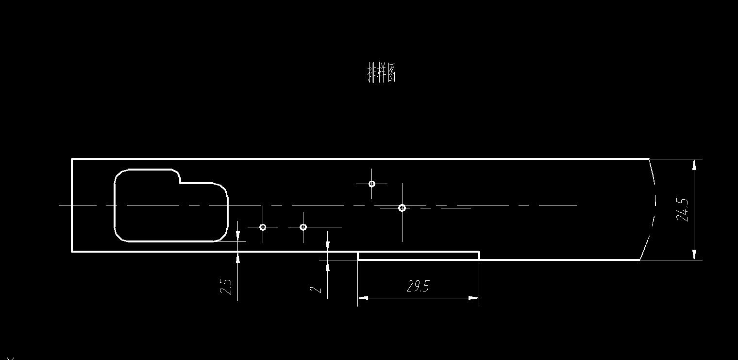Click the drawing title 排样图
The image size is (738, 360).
point(382,73)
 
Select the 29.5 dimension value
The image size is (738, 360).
point(418,286)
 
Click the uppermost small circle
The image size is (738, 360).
point(372,184)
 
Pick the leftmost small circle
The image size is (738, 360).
point(263,227)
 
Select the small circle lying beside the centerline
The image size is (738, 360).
point(402,208)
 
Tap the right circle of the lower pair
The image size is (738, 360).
point(303,227)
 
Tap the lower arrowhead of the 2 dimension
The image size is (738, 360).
point(328,265)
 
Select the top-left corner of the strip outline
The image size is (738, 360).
point(72,159)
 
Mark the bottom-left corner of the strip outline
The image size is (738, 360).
point(72,251)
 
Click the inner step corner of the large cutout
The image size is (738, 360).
point(181,183)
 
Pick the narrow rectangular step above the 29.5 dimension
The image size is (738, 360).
point(418,256)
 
